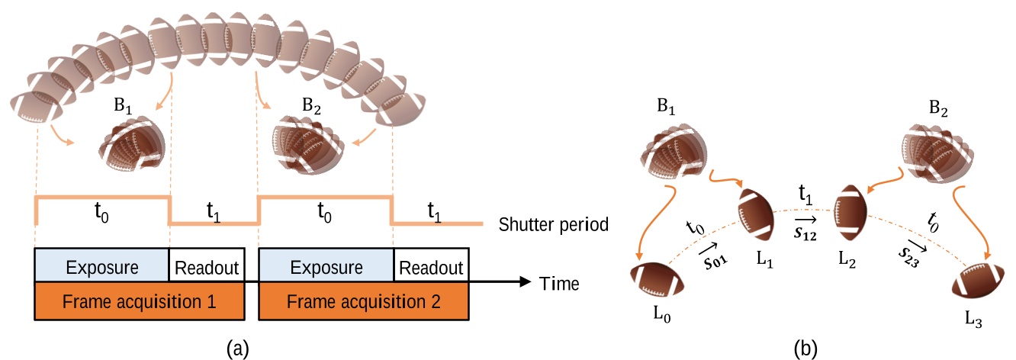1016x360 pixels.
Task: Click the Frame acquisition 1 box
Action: point(139,301)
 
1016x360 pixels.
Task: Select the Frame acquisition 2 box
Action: point(363,301)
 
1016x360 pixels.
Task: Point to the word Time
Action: point(559,284)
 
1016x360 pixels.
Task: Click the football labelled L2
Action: point(849,206)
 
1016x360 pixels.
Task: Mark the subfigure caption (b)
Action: point(806,349)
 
